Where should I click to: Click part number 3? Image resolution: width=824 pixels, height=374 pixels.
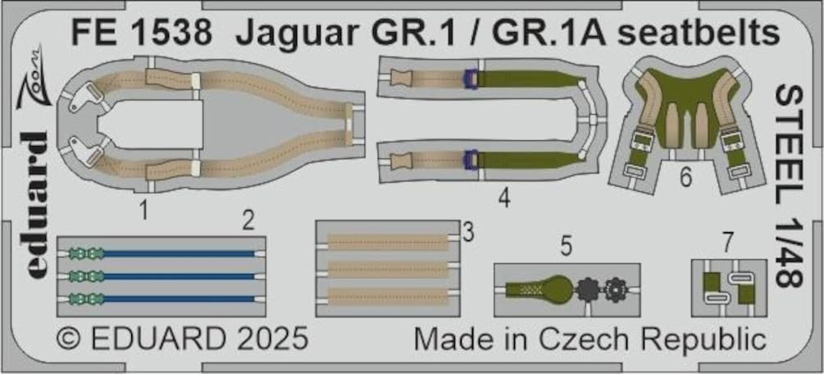click(x=467, y=234)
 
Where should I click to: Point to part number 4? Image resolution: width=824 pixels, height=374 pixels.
click(x=505, y=198)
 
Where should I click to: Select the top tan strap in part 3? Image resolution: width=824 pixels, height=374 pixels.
click(x=387, y=243)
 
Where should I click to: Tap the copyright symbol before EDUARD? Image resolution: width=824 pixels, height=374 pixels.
click(x=68, y=339)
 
